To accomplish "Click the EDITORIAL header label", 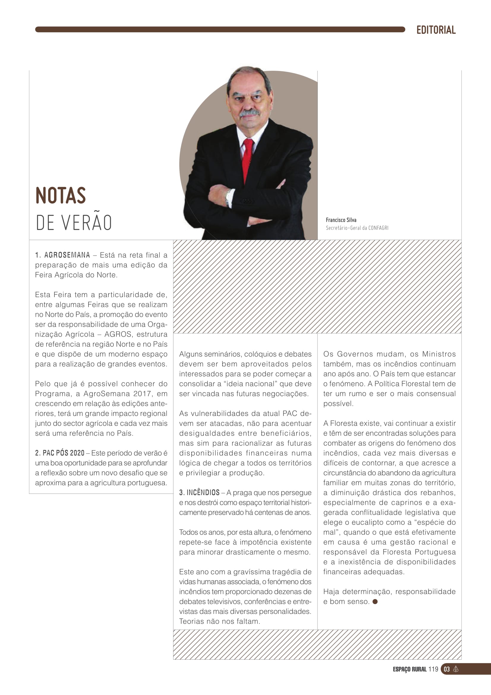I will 436,30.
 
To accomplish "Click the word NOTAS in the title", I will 61,196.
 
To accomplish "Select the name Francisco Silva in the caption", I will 341,220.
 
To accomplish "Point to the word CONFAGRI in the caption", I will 378,228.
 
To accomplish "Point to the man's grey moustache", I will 249,113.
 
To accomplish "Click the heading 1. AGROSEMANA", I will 63,255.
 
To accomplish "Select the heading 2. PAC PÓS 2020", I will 60,453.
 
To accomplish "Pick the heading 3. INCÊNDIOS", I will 199,492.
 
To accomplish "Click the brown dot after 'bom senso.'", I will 375,601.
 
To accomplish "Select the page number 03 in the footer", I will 446,669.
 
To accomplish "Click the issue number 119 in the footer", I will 433,669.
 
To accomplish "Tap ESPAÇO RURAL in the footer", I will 410,669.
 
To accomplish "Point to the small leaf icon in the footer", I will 456,669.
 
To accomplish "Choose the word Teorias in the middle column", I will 192,621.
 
